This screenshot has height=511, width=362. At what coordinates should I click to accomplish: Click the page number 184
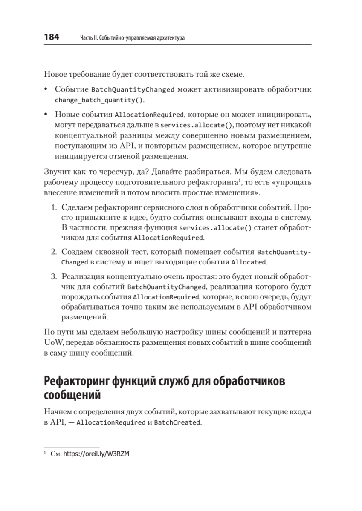point(51,37)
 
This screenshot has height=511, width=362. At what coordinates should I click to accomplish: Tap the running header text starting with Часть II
point(132,38)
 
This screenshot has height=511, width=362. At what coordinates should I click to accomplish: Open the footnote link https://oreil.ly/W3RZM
point(97,454)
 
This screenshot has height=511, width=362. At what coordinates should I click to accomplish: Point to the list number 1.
point(54,207)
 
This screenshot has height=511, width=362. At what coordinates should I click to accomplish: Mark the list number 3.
point(54,277)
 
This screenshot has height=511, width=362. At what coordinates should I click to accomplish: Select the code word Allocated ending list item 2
point(249,262)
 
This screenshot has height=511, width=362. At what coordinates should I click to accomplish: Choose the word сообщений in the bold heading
point(72,396)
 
